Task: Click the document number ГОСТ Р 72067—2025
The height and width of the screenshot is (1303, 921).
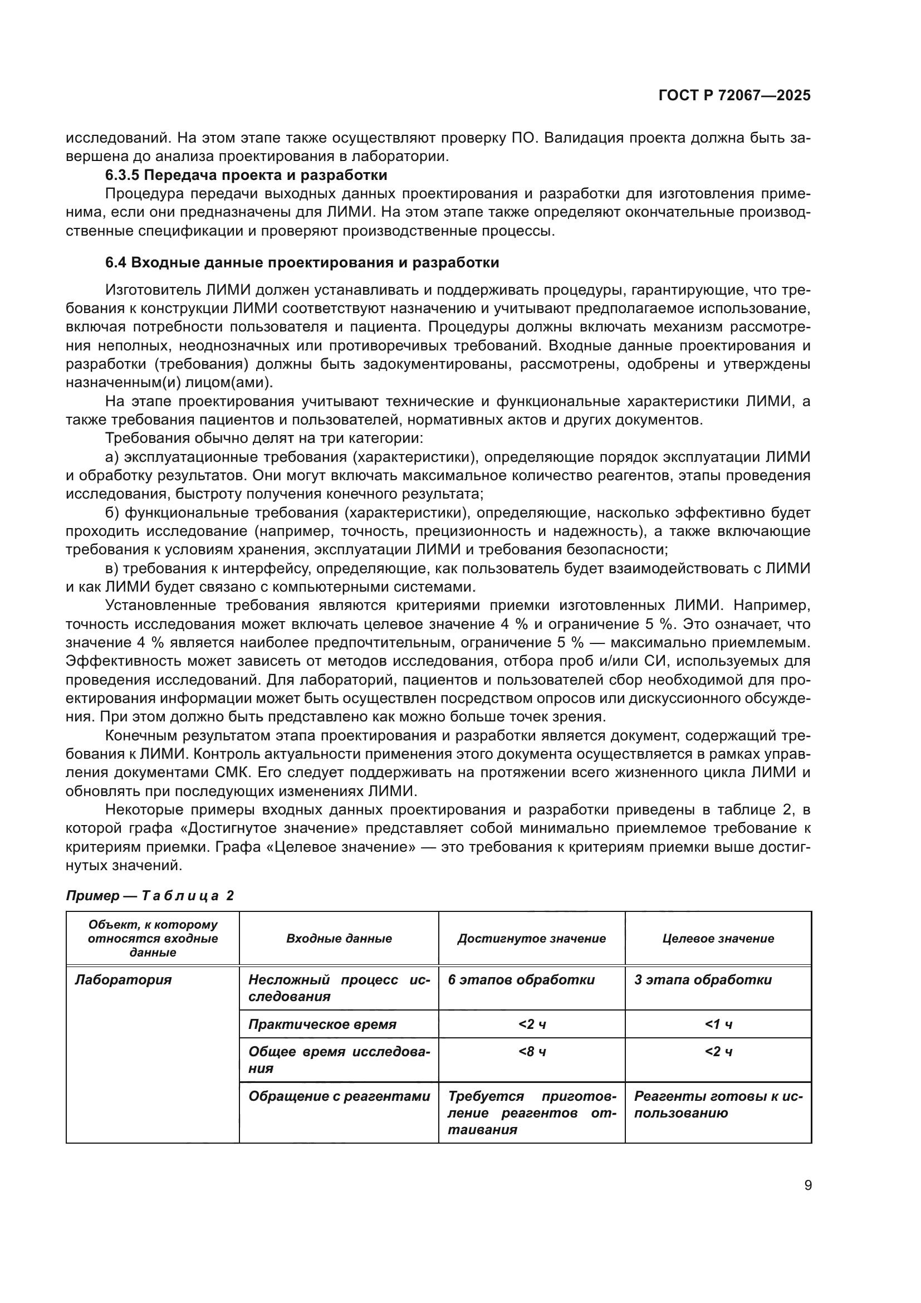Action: pos(734,95)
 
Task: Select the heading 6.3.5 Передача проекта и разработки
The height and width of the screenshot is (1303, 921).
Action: pos(246,175)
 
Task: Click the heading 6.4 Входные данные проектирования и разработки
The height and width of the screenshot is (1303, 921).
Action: pos(302,263)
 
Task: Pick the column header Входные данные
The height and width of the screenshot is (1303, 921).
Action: pos(339,938)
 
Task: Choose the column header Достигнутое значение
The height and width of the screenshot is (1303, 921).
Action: pos(531,938)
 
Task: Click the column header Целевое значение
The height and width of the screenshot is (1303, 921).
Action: pos(718,938)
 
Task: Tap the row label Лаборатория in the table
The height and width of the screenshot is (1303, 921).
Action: pos(123,979)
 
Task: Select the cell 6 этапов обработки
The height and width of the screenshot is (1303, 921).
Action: pos(521,979)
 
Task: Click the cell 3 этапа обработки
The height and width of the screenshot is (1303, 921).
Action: pos(703,979)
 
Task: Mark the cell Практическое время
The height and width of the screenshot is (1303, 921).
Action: pos(322,1024)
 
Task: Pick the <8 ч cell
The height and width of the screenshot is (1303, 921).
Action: pos(532,1052)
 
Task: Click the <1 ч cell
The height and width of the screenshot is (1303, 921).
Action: pos(718,1024)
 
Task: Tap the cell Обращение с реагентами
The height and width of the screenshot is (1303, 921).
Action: pos(339,1096)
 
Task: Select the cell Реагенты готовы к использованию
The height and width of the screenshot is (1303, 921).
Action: pos(718,1104)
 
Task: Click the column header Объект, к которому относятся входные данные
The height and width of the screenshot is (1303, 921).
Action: pos(153,938)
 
